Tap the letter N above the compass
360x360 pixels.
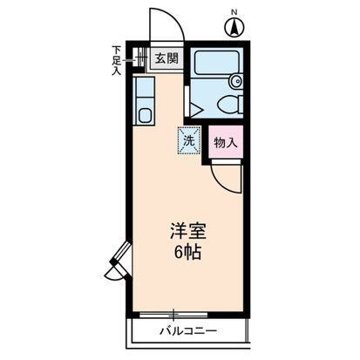(x=234, y=11)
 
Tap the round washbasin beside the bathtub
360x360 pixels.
(x=234, y=81)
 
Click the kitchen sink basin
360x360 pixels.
(x=145, y=113)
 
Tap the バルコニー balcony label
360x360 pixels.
(x=187, y=332)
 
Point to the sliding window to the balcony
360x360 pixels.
(x=174, y=313)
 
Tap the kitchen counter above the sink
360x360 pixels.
(x=145, y=88)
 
